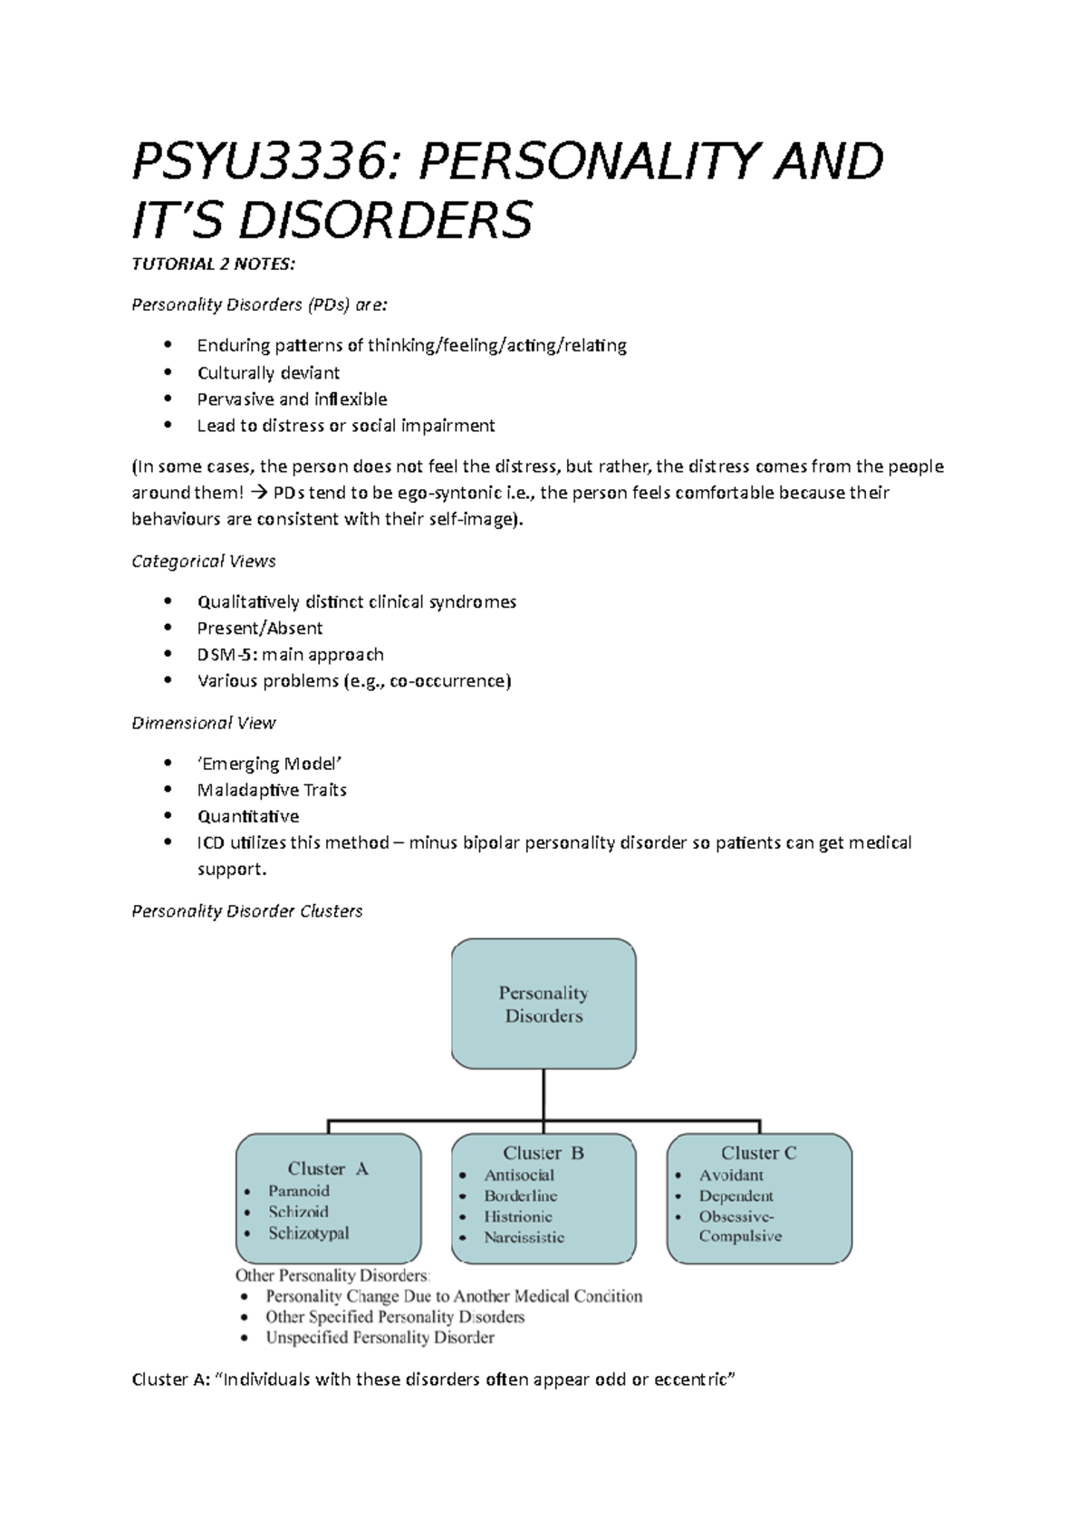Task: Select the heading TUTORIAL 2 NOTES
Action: [213, 264]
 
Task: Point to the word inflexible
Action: [350, 399]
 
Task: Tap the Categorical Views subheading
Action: [204, 562]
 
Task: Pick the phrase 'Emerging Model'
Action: [270, 764]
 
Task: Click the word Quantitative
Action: [248, 816]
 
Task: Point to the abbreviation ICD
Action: [211, 842]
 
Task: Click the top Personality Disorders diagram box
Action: [543, 1004]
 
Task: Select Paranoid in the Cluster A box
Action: [299, 1191]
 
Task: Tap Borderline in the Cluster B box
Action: [521, 1196]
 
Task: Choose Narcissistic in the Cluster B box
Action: [524, 1237]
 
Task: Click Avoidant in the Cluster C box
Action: [731, 1175]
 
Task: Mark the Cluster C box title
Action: [759, 1153]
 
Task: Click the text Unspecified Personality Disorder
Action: [380, 1338]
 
